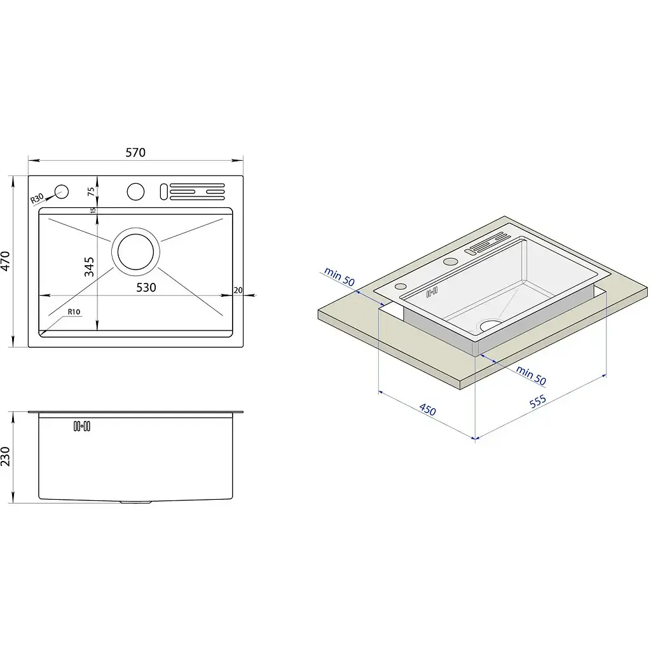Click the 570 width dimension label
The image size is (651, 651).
135,153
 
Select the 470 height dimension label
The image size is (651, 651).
5,261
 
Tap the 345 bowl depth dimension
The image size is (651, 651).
89,266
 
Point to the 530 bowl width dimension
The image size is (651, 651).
146,287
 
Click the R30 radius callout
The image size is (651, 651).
37,198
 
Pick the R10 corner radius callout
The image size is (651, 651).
74,312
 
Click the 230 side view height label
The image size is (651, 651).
5,456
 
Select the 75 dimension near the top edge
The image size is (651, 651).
91,191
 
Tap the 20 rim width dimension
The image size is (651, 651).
238,290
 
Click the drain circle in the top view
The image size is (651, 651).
136,252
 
